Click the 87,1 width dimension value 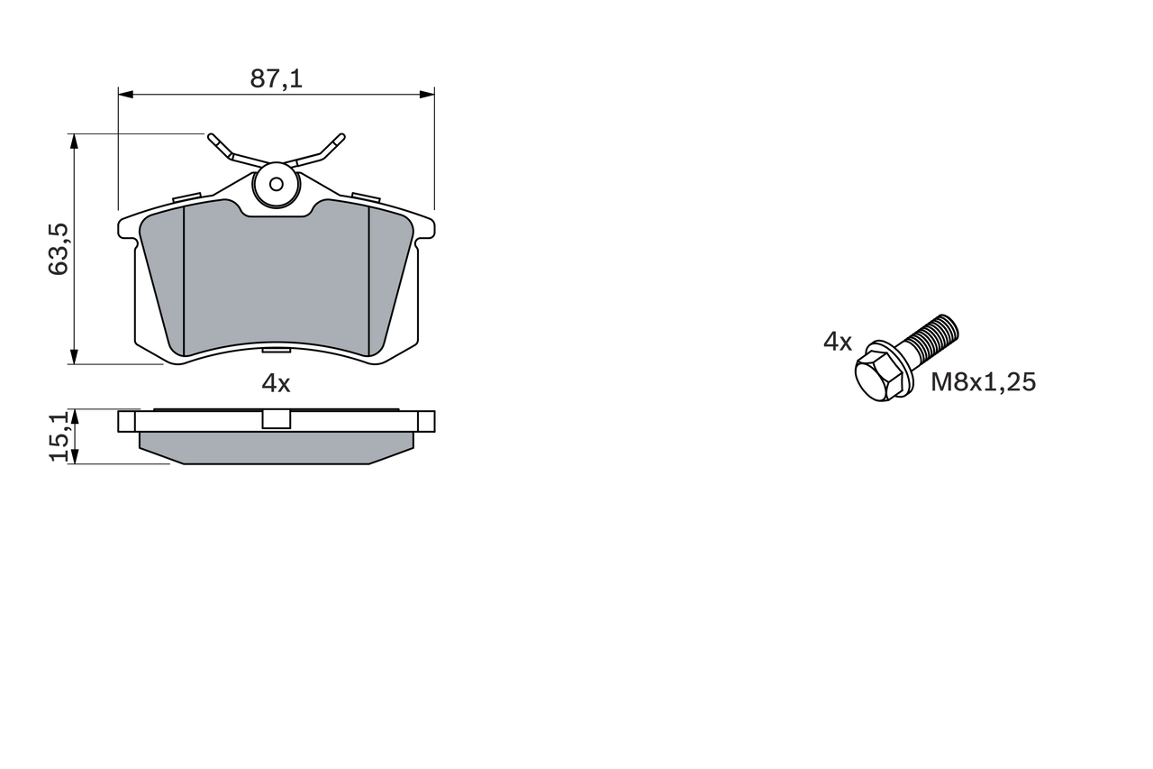(x=276, y=79)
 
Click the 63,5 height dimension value (x=59, y=250)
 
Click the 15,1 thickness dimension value (x=59, y=436)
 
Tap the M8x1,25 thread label (x=983, y=382)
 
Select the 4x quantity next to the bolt (x=837, y=341)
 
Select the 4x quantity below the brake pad (x=276, y=383)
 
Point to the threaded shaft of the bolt (x=933, y=338)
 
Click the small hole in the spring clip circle (x=277, y=185)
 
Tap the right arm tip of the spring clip (x=340, y=139)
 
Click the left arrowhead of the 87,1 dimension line (x=125, y=94)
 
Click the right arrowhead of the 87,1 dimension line (x=428, y=94)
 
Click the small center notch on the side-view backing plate (x=276, y=419)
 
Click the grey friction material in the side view (x=276, y=447)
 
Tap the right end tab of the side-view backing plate (x=426, y=420)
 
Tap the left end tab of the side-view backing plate (x=126, y=420)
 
